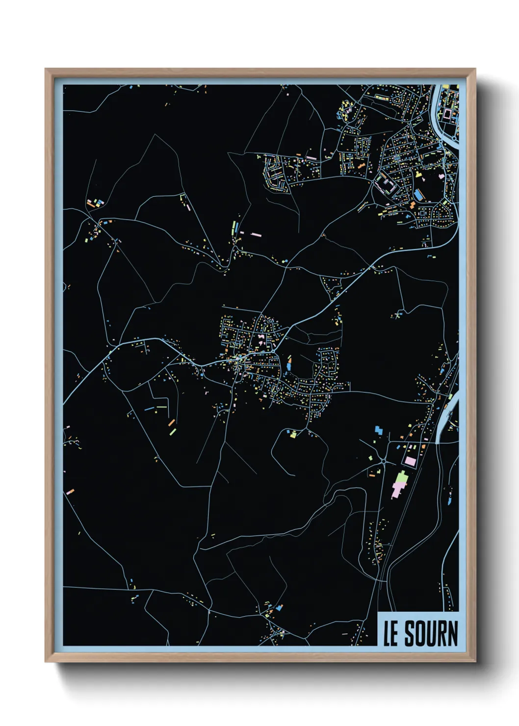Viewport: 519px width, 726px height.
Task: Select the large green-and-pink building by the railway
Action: click(400, 483)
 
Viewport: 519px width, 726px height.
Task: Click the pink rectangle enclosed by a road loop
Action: click(410, 461)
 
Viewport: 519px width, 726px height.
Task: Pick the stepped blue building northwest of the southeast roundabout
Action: click(378, 430)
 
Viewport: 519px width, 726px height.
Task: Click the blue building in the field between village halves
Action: click(288, 364)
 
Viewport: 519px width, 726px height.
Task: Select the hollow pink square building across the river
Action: click(447, 113)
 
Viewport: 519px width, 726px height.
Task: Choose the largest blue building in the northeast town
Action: click(418, 194)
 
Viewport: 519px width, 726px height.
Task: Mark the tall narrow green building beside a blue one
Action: click(234, 228)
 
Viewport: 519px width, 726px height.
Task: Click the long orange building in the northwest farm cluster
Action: click(91, 202)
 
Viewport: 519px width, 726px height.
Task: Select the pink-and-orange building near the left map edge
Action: click(70, 491)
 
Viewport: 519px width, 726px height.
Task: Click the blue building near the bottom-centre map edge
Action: click(279, 608)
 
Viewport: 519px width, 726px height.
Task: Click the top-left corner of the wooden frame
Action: click(46, 70)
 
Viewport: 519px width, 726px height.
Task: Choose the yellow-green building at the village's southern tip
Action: click(293, 434)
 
